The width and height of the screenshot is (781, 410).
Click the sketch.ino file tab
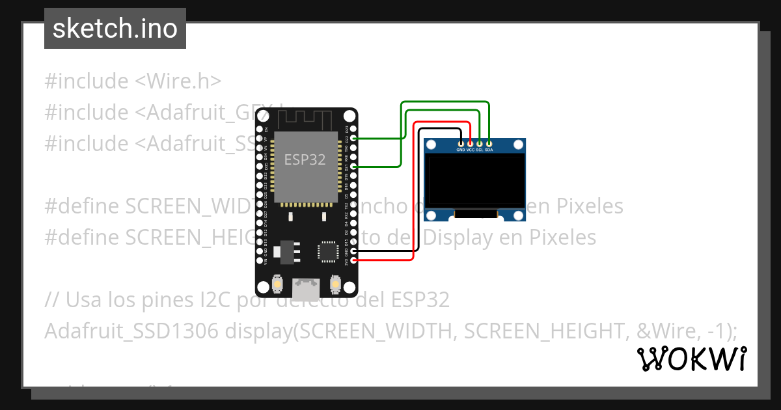tap(115, 29)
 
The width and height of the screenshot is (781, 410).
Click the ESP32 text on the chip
tap(305, 159)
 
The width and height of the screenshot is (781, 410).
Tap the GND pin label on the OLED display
tap(461, 150)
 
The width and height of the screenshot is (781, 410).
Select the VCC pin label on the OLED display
tap(470, 150)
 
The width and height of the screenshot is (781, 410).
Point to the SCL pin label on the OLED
tap(479, 150)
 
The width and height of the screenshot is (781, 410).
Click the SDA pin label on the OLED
tap(489, 150)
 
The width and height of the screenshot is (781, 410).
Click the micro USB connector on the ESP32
tap(307, 286)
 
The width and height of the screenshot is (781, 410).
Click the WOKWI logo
tap(691, 359)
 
